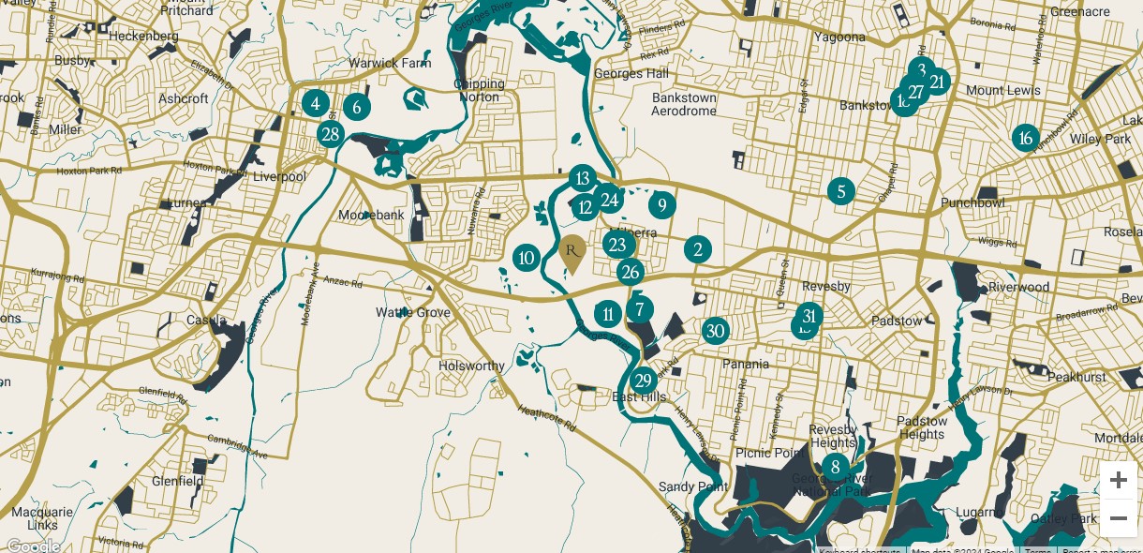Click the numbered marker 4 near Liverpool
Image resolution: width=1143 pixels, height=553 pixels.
[316, 103]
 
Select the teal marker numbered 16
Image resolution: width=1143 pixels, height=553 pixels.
[1026, 139]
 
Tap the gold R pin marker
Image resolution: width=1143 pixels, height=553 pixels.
[571, 251]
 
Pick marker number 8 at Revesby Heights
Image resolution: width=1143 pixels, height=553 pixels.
[835, 467]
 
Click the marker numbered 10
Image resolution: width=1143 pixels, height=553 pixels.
[527, 258]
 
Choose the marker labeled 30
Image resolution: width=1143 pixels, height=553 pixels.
[716, 330]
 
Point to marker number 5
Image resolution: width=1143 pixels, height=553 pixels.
[841, 192]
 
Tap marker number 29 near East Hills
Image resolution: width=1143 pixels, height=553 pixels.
[643, 381]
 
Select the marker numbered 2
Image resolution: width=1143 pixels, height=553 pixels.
[697, 249]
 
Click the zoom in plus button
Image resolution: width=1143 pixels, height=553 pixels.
[1118, 481]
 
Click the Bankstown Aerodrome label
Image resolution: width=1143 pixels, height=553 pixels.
[684, 104]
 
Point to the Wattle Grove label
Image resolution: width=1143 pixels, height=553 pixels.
[413, 312]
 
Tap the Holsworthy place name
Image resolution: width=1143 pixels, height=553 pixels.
[471, 366]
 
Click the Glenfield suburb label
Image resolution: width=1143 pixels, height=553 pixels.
[177, 481]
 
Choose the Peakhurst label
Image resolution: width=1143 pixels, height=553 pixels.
[1076, 377]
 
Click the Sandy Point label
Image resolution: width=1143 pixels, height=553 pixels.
[692, 486]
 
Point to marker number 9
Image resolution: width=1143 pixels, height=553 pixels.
[661, 205]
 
